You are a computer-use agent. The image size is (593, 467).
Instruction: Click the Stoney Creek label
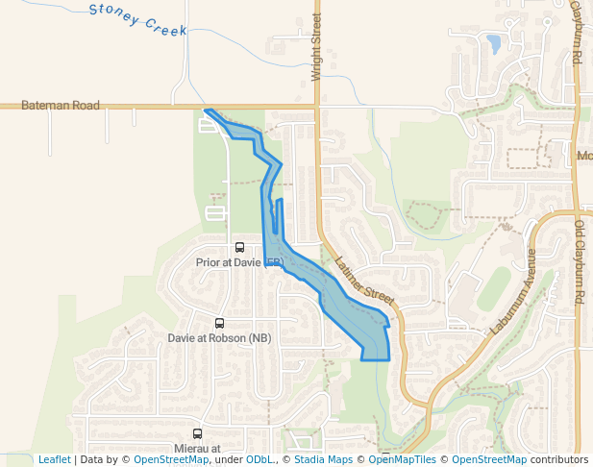137,19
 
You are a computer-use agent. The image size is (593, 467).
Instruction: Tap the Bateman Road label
60,106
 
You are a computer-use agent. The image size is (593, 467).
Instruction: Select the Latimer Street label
365,279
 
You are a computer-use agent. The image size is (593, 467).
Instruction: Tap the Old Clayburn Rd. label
580,264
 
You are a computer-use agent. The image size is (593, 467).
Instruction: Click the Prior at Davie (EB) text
239,261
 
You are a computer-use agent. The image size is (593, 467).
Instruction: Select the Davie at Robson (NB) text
219,338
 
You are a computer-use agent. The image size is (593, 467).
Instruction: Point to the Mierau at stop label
198,448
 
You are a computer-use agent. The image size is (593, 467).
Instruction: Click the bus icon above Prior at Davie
239,248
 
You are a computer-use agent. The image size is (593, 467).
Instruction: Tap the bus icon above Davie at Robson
219,324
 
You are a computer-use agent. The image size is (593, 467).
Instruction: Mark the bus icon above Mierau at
198,434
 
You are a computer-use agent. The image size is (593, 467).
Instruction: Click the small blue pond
493,43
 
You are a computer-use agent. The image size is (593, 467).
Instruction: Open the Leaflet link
54,460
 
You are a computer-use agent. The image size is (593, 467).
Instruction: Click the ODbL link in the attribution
259,460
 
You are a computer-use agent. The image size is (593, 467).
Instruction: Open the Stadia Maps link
323,460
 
